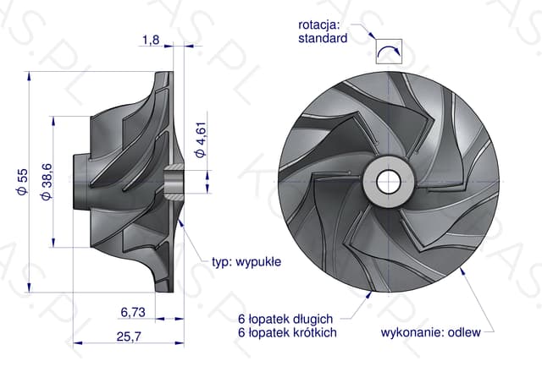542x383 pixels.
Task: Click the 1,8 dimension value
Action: (151, 40)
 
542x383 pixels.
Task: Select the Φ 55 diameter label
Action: (22, 182)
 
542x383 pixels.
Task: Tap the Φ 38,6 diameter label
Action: (47, 182)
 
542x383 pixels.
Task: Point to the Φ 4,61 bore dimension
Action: (201, 140)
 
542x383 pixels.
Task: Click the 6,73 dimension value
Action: (133, 312)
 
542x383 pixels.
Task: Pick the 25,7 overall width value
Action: (129, 336)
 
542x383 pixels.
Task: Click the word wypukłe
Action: (258, 262)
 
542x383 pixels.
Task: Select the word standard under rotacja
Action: (323, 38)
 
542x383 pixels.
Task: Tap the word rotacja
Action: (319, 25)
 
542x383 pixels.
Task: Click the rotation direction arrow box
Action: (390, 52)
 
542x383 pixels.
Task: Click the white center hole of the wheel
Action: (389, 182)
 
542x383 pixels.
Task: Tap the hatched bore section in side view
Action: (174, 182)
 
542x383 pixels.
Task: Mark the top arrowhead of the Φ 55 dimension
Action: (29, 76)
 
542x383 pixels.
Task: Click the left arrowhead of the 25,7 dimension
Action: (78, 343)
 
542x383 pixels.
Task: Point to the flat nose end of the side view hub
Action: (74, 182)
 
